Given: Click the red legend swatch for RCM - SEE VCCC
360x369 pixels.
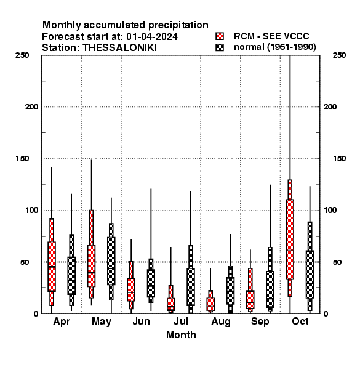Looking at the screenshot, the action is tap(220, 36).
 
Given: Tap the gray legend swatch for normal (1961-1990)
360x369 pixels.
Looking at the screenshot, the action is tap(220, 47).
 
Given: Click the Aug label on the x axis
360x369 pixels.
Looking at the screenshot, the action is tap(221, 322).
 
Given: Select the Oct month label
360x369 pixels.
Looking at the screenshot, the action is tap(300, 321).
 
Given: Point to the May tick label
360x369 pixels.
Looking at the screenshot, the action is tap(102, 322).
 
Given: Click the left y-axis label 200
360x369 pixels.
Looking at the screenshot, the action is tap(31, 106).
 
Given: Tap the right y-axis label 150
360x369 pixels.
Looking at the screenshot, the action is tap(339, 159).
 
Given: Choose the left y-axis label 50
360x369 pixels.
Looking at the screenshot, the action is tap(25, 262).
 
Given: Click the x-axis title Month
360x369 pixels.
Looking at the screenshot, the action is tap(181, 335).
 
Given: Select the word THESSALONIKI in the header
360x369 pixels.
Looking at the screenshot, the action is tap(119, 48).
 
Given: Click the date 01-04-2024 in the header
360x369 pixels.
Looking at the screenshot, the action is tap(152, 36).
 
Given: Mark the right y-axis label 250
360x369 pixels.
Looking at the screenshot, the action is tap(339, 55).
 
